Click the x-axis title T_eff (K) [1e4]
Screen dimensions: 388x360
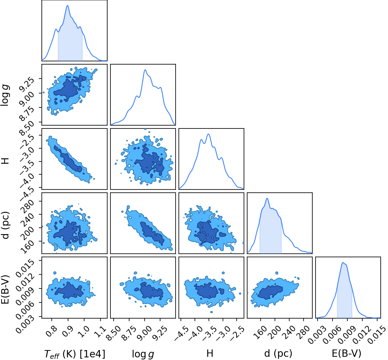[x=75, y=354]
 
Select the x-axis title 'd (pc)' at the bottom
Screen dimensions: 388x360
[x=278, y=354]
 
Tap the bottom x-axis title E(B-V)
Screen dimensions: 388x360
[x=347, y=354]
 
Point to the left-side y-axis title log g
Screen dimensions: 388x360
[x=5, y=95]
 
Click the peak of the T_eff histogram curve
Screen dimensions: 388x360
[x=67, y=6]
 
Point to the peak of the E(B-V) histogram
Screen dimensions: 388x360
[x=343, y=262]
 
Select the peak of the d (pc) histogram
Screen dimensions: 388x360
[x=267, y=199]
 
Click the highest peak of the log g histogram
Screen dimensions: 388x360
[x=145, y=70]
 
